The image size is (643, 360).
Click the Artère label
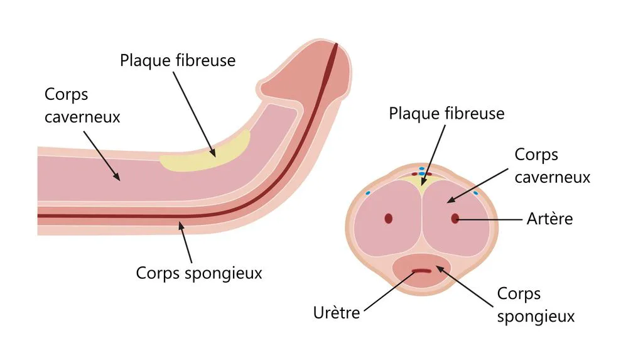pos(549,219)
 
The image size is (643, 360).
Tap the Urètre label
pos(337,313)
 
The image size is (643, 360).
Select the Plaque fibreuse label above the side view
pos(178,60)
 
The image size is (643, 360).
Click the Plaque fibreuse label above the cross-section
pos(446,113)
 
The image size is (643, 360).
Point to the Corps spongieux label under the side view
pos(199,273)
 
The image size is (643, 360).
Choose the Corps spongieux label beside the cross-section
pos(536,305)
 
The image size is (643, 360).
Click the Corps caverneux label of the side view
pos(82,106)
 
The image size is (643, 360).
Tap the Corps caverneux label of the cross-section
pos(553,166)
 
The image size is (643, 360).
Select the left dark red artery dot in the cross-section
pos(388,219)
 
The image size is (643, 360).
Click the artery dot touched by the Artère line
pos(455,219)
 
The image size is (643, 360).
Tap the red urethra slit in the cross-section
pos(421,271)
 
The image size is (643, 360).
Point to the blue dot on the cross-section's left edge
pos(368,192)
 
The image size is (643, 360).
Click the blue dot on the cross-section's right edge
pos(476,192)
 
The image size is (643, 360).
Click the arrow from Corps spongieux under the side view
pos(185,242)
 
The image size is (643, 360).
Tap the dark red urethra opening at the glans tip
pos(336,46)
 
